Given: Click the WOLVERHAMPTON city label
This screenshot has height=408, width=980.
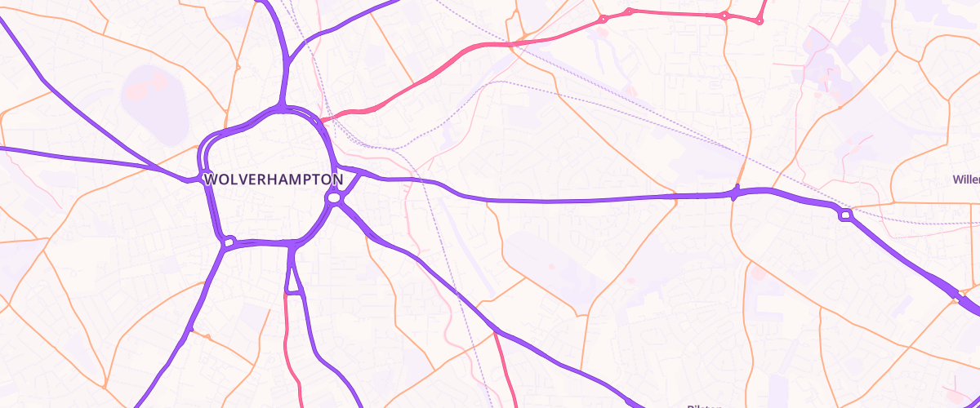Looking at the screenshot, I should click(x=273, y=179).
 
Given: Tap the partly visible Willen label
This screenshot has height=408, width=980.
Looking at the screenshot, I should click(x=967, y=179).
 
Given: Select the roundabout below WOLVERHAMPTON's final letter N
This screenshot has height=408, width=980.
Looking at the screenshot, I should click(x=333, y=197).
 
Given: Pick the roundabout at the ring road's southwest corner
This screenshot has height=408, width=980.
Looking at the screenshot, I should click(x=229, y=242).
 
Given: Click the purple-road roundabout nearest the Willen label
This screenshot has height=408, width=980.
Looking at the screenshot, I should click(x=844, y=215).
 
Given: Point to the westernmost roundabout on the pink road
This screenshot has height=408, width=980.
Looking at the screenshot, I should click(x=604, y=19).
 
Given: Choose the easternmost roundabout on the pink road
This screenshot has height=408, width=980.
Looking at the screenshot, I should click(x=759, y=20).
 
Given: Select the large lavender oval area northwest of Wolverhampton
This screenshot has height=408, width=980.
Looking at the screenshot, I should click(x=155, y=94).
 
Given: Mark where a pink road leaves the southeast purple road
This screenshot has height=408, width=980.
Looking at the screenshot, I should click(x=495, y=332).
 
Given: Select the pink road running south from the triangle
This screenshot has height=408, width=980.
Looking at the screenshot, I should click(x=288, y=343).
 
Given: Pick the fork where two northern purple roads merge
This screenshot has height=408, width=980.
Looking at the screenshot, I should click(x=290, y=61).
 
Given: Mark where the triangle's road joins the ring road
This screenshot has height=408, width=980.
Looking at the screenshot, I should click(x=291, y=244).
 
